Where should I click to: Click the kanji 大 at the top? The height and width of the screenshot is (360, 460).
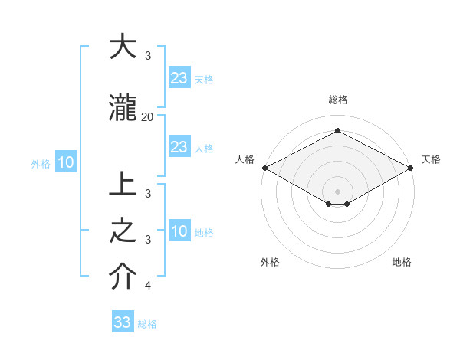point(123,47)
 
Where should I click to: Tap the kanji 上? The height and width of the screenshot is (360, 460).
point(123,185)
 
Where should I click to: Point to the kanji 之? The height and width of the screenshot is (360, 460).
point(123,231)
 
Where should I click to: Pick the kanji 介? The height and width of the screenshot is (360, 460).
point(123,277)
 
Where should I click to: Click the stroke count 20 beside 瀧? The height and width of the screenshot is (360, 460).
point(147,116)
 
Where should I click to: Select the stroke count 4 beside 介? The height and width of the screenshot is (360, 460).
point(147,286)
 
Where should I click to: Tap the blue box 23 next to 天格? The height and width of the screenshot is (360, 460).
point(179,77)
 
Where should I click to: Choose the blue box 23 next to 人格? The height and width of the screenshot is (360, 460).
point(179,147)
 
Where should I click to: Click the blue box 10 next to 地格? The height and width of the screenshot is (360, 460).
point(179,231)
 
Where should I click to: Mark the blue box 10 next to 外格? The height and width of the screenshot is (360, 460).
point(65,162)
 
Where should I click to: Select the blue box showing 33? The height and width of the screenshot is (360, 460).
point(123,322)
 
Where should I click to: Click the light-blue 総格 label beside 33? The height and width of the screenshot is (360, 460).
point(148,324)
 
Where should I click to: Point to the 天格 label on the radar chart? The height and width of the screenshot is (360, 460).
point(431,159)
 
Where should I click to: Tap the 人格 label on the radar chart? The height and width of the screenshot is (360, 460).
point(245,159)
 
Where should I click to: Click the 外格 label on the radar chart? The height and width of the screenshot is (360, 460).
point(270,263)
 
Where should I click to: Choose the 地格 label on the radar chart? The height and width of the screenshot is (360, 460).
point(402,263)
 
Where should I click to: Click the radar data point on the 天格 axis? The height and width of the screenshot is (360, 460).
point(411,168)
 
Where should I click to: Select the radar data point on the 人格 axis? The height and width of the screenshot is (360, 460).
point(264,168)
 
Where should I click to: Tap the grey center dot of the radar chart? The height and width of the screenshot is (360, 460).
point(337,191)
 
